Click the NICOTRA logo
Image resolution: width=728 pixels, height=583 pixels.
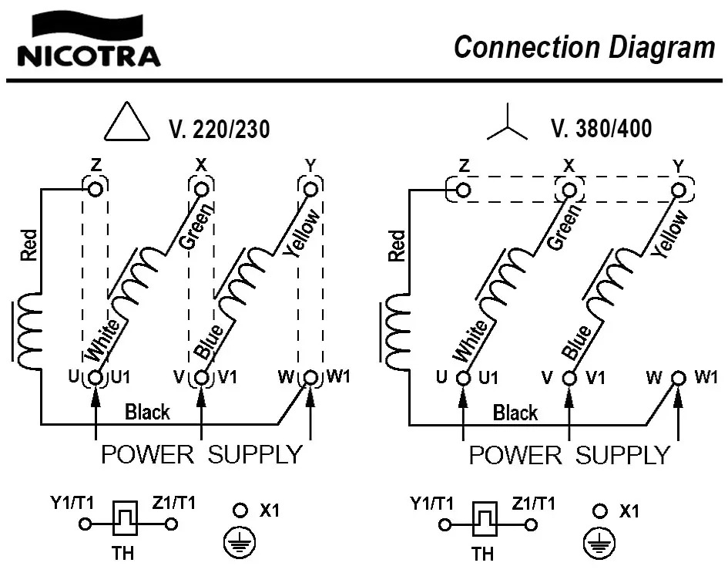tap(88, 42)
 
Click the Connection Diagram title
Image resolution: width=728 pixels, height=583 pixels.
tap(584, 47)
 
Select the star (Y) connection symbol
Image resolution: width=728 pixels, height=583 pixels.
tap(507, 127)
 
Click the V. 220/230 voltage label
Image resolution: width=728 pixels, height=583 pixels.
tap(219, 129)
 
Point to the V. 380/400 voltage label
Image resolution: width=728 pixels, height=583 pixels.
tap(602, 128)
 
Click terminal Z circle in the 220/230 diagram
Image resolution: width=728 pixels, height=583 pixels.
tap(96, 189)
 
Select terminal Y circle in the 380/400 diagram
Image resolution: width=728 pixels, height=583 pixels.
tap(678, 190)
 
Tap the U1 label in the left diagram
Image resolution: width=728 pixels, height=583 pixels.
tap(121, 378)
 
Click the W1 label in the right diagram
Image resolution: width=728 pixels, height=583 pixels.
tap(706, 378)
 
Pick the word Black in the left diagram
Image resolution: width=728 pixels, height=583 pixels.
tap(147, 412)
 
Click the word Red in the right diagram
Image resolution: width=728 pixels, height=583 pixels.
tap(397, 246)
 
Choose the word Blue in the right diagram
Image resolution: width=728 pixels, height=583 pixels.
tap(578, 342)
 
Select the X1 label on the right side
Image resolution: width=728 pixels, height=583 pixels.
tap(629, 511)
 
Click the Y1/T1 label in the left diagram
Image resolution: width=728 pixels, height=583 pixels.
tap(72, 503)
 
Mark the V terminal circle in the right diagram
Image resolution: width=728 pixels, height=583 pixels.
tap(569, 379)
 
